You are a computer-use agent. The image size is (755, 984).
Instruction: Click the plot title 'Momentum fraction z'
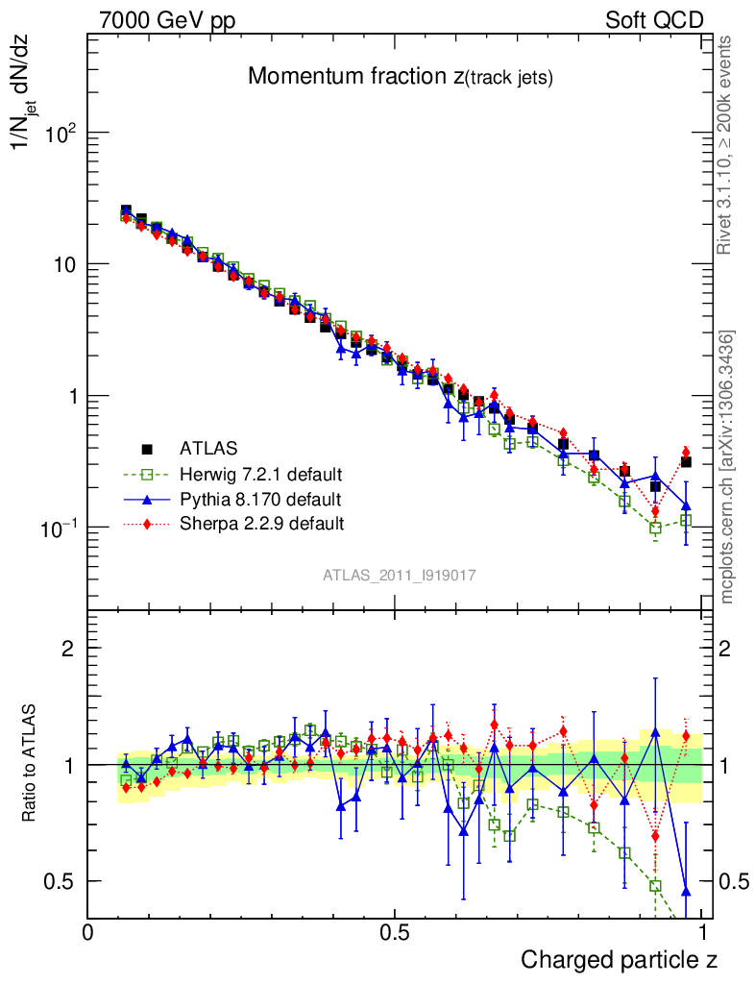[x=400, y=78]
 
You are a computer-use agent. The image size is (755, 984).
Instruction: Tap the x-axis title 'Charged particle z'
[x=619, y=959]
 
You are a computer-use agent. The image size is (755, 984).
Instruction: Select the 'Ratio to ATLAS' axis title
[x=30, y=765]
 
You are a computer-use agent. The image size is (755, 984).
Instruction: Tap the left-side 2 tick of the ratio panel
[x=68, y=648]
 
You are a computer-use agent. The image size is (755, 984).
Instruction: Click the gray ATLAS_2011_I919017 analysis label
[x=399, y=575]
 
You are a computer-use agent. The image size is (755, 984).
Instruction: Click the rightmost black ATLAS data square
[x=686, y=462]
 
